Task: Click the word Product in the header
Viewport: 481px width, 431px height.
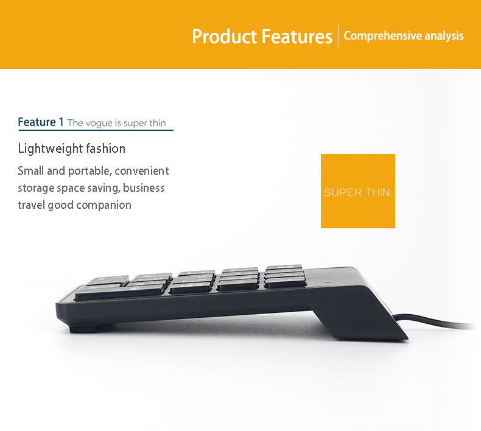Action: (x=224, y=37)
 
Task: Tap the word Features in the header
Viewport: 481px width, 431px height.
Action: (x=297, y=37)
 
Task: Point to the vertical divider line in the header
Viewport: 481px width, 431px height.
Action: (x=339, y=35)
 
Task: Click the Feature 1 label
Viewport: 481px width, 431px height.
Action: (x=41, y=122)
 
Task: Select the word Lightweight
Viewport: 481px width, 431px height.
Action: (x=50, y=149)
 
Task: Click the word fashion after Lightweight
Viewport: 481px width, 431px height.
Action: (x=105, y=149)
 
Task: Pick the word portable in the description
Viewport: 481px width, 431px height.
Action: (x=89, y=171)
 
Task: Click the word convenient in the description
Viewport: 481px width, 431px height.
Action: (x=142, y=171)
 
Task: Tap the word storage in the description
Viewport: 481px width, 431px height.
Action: (x=36, y=188)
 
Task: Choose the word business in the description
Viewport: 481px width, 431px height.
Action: (x=144, y=187)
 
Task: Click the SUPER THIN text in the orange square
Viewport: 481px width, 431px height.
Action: (x=357, y=192)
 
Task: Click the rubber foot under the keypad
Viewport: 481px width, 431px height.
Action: (x=83, y=329)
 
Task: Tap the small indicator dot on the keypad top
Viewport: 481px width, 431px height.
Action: (x=328, y=282)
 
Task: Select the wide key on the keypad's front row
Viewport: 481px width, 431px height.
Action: (x=119, y=293)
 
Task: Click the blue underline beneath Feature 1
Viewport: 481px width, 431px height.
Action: (x=96, y=130)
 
